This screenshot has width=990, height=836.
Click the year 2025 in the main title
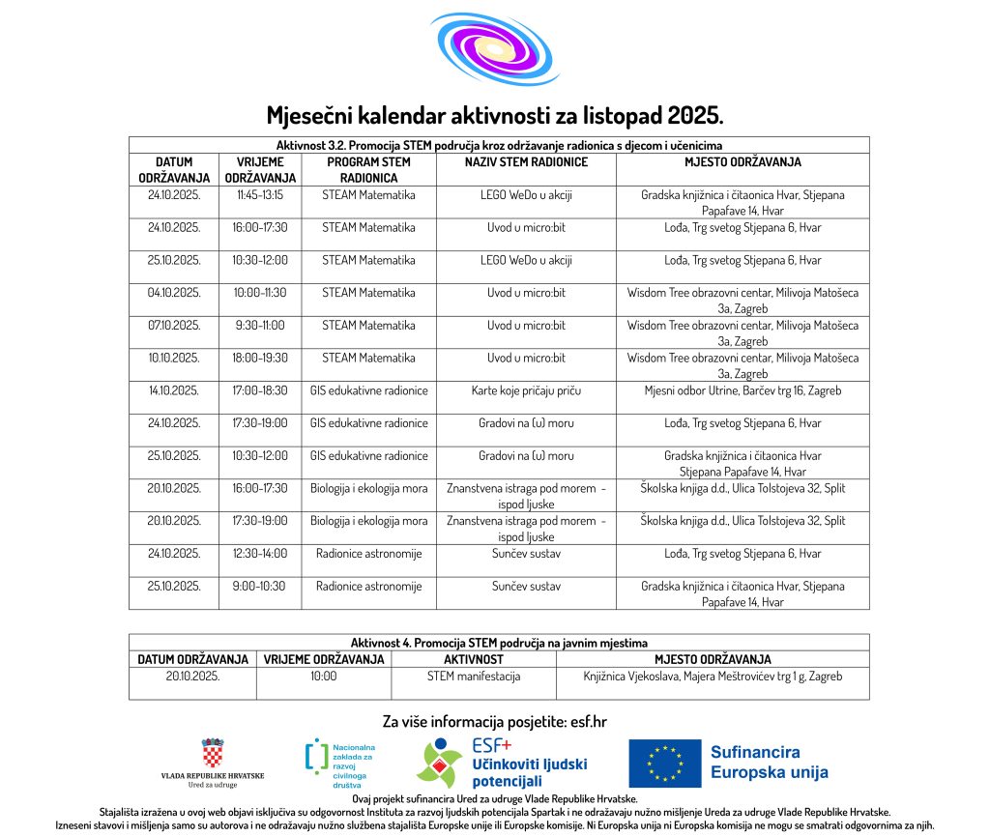click(694, 117)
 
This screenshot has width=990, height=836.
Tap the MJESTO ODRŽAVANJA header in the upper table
click(742, 162)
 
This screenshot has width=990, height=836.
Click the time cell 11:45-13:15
click(260, 195)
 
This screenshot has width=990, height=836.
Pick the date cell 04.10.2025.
click(174, 293)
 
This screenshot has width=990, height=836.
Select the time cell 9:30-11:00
click(260, 326)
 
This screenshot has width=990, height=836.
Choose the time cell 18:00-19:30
click(260, 359)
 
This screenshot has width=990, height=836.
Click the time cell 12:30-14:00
click(260, 555)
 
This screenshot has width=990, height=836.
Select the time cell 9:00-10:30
click(260, 587)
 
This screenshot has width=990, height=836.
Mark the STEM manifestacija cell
click(474, 677)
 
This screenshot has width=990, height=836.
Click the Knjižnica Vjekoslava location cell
click(713, 677)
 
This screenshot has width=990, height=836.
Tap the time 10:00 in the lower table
click(324, 677)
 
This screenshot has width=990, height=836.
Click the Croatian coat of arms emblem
click(213, 753)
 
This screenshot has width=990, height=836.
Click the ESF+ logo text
click(491, 746)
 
